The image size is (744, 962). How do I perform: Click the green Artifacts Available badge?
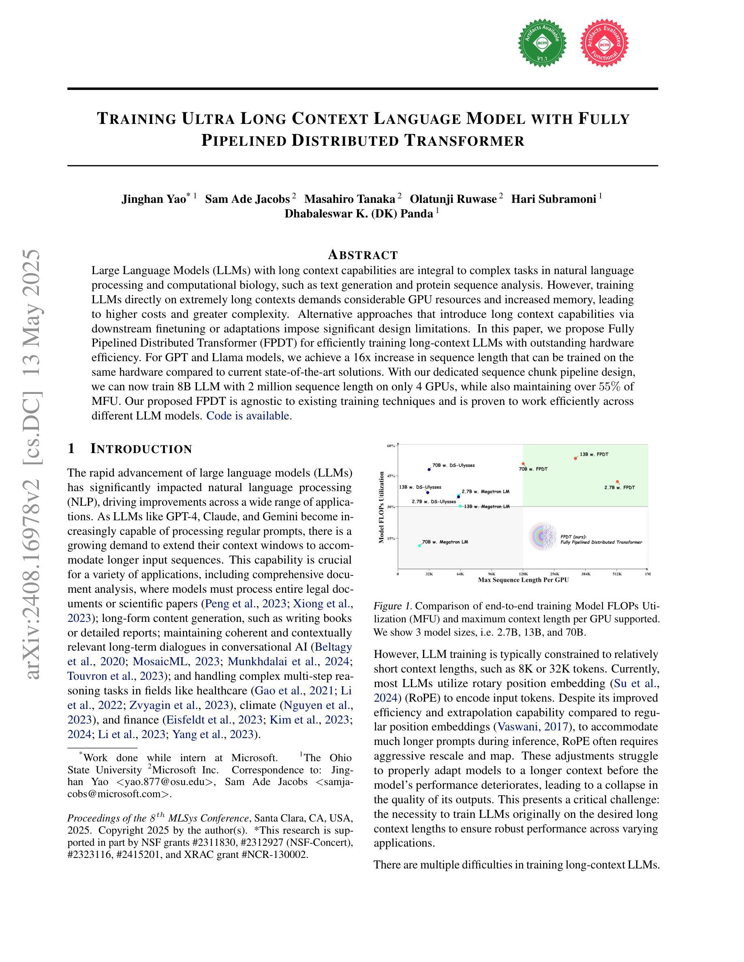click(x=542, y=43)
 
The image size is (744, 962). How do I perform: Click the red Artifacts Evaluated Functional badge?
click(x=604, y=43)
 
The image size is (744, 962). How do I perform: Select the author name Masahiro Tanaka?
click(x=350, y=199)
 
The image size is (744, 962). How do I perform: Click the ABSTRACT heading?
click(x=363, y=255)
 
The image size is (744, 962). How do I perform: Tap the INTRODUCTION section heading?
click(x=141, y=449)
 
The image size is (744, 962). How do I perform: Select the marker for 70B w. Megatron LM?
click(x=419, y=546)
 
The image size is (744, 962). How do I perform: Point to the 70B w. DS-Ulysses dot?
click(x=429, y=470)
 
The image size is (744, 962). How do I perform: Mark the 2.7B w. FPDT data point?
click(x=617, y=482)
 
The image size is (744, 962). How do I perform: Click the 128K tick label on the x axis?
click(x=523, y=574)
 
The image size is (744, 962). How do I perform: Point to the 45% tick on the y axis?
click(x=391, y=476)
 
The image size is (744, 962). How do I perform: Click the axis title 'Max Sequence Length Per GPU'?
click(x=523, y=580)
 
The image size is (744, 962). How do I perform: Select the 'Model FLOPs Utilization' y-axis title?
click(x=382, y=507)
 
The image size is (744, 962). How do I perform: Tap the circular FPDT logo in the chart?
click(x=543, y=536)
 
